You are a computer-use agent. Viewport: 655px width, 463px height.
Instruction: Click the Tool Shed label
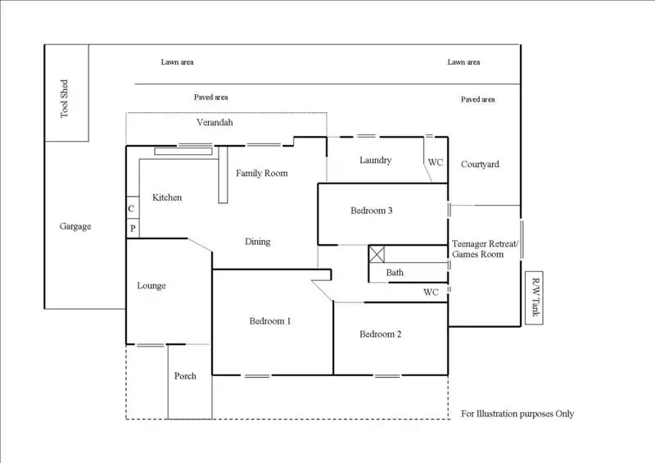(x=64, y=98)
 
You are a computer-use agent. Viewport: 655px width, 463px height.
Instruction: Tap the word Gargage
(x=75, y=226)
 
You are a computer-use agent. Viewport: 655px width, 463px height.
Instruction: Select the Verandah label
(x=215, y=123)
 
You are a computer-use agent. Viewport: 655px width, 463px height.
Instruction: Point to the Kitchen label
(x=167, y=197)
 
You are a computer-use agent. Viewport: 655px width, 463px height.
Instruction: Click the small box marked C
(x=133, y=208)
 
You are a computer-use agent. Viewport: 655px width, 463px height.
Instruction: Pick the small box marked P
(x=133, y=229)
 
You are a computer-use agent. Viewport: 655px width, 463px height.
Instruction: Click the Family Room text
(x=262, y=173)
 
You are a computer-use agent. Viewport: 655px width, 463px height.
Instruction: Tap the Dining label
(x=258, y=242)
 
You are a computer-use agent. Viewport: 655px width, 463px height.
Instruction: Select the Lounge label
(x=151, y=286)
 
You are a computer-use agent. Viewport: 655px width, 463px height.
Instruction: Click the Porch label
(x=185, y=376)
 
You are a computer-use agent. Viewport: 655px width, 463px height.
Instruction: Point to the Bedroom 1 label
(x=270, y=321)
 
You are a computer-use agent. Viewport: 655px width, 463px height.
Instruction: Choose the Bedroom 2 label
(x=381, y=334)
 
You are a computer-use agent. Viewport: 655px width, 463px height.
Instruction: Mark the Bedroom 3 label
(x=372, y=211)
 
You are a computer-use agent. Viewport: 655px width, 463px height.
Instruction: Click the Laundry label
(x=376, y=160)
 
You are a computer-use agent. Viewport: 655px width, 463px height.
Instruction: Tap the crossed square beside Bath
(x=377, y=254)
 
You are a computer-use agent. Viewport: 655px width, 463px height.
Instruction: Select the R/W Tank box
(x=535, y=297)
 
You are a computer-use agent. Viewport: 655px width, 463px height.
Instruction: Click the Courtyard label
(x=480, y=165)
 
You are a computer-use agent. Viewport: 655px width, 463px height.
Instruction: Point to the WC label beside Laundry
(x=436, y=162)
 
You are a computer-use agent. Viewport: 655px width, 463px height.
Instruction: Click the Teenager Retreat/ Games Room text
(x=485, y=249)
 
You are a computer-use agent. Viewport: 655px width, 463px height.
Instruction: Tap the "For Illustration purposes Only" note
(x=517, y=414)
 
